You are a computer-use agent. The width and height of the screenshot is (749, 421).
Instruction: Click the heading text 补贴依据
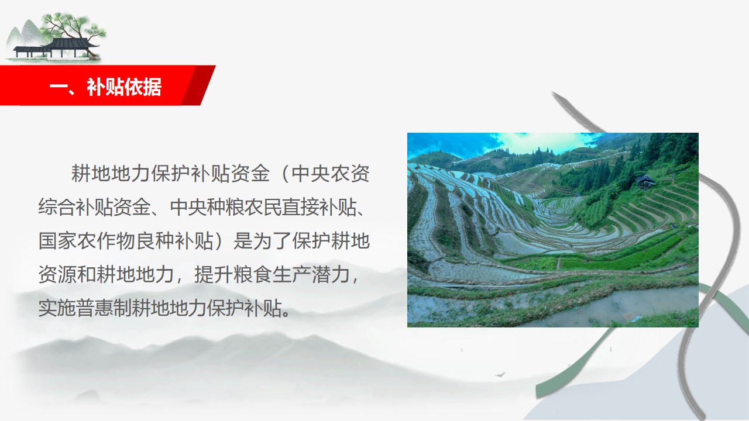(124, 87)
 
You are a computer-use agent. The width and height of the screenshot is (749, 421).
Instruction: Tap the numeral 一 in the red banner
(59, 88)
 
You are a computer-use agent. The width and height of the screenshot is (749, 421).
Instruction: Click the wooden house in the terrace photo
(645, 182)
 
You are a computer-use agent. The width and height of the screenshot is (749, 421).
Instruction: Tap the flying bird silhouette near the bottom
(500, 375)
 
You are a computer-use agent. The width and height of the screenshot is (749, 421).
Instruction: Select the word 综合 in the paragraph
(57, 207)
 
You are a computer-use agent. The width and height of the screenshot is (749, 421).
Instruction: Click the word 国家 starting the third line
(57, 240)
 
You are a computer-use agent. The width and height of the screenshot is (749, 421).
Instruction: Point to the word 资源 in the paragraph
(57, 275)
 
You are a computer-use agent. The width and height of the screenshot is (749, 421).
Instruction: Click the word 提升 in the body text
(214, 275)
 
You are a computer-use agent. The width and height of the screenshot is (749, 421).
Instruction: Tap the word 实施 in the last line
(57, 308)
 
